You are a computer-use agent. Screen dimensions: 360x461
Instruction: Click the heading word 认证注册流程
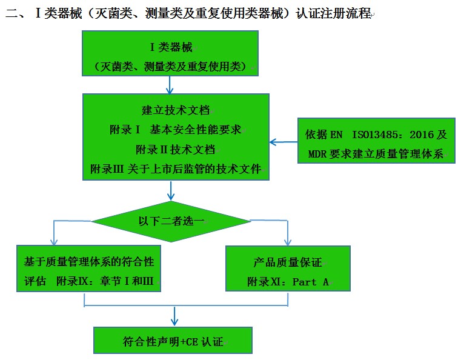[x=333, y=13]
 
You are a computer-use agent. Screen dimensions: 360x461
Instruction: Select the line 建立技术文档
[x=176, y=110]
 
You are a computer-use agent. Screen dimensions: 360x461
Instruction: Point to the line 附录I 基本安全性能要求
[x=176, y=130]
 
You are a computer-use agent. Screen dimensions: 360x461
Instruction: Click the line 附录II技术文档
[x=176, y=149]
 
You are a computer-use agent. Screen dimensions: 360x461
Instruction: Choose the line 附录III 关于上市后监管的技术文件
[x=176, y=168]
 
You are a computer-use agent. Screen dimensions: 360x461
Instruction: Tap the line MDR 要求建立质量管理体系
[x=376, y=153]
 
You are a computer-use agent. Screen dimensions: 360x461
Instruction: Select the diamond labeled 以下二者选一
[x=170, y=221]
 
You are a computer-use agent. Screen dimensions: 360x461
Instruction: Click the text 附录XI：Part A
[x=288, y=282]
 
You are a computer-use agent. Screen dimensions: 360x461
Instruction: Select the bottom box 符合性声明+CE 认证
[x=173, y=341]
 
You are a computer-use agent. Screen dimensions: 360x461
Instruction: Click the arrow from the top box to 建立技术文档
[x=170, y=86]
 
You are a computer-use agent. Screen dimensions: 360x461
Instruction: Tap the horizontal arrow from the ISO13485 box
[x=283, y=142]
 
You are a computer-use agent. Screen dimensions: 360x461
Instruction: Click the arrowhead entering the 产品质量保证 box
[x=288, y=241]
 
